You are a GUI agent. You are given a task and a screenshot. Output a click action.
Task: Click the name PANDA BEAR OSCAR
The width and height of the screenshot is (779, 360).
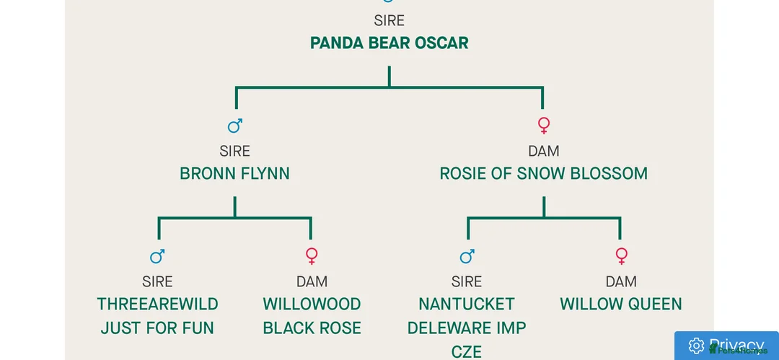(389, 43)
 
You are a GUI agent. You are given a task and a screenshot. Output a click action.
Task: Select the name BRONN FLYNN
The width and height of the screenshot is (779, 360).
(234, 174)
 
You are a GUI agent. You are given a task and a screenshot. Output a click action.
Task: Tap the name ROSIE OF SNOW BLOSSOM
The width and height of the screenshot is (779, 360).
(543, 174)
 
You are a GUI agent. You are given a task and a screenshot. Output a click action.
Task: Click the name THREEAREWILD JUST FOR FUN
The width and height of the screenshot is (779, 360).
(157, 316)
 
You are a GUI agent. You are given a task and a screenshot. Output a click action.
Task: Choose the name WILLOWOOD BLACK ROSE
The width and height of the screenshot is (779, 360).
(312, 316)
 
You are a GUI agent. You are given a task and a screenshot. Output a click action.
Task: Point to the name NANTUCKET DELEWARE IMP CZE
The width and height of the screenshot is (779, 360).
(467, 328)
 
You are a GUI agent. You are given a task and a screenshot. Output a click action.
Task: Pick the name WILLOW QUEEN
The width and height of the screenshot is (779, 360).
(621, 304)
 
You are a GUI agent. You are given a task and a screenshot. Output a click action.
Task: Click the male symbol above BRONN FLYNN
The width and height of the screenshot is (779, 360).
(235, 126)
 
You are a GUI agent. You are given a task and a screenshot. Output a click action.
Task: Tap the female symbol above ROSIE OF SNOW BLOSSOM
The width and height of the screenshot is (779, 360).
(544, 126)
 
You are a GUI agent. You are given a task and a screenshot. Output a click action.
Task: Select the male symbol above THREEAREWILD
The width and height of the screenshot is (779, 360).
(157, 256)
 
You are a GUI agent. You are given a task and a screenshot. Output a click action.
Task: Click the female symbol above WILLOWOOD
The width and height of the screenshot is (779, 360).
(312, 256)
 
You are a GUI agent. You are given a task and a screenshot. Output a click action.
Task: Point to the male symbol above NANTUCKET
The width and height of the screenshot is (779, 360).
(467, 256)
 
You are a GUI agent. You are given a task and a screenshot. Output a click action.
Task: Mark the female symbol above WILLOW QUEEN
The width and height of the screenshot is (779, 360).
(621, 256)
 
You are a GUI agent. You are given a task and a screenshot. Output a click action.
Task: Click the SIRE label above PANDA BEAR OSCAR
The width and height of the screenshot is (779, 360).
(389, 21)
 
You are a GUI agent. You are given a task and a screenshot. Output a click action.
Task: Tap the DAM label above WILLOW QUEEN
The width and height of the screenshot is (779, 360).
(621, 281)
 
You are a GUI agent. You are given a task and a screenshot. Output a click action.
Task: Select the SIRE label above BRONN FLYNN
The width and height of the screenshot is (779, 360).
(234, 152)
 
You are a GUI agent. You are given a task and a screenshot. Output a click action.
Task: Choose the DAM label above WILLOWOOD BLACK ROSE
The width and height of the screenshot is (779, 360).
(312, 281)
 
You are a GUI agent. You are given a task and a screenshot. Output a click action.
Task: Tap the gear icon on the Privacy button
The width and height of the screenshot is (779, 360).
(696, 346)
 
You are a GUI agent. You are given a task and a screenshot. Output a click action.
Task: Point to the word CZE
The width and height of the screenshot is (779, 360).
(467, 351)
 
